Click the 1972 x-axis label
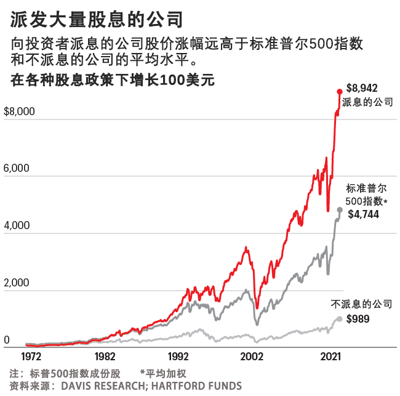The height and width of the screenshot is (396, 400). click(31, 357)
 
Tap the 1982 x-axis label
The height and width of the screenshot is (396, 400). click(105, 357)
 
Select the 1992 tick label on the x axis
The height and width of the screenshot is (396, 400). click(178, 357)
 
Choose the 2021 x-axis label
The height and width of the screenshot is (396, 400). click(332, 357)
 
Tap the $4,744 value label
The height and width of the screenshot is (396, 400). click(364, 214)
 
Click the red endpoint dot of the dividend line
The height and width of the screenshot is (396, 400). click(339, 91)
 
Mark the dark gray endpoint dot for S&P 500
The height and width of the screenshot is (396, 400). click(340, 209)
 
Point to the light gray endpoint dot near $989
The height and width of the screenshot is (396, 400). click(340, 319)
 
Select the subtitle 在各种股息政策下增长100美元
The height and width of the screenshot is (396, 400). click(112, 79)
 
